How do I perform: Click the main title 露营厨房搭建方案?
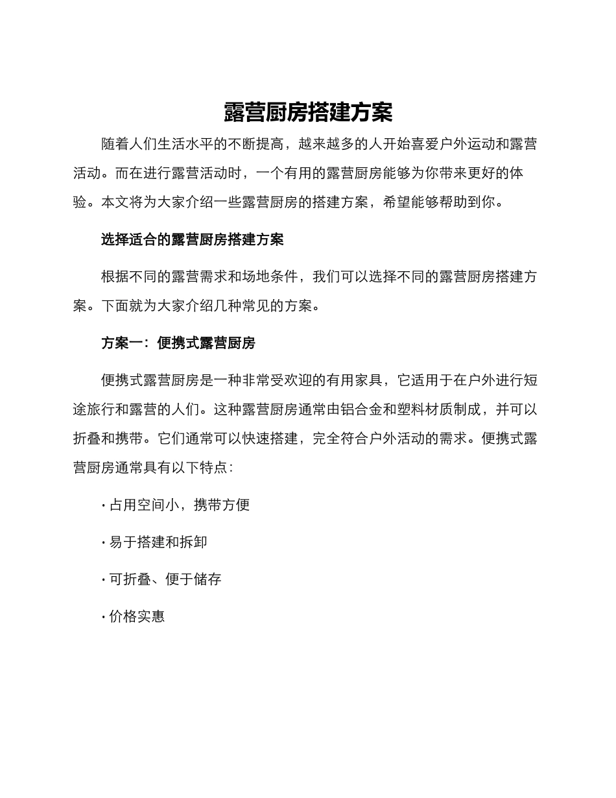[x=308, y=112]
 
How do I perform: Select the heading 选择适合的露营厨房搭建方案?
[x=192, y=239]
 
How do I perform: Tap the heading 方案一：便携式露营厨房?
[x=178, y=343]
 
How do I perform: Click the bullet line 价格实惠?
[x=137, y=616]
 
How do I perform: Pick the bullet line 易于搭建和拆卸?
[x=158, y=542]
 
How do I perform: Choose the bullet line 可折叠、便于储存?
[x=165, y=579]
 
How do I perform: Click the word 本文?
[x=115, y=202]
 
